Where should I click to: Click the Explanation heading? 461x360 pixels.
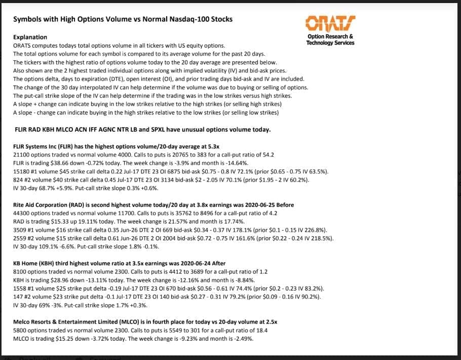click(30, 37)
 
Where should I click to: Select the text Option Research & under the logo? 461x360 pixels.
click(330, 37)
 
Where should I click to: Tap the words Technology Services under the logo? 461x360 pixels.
click(330, 43)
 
